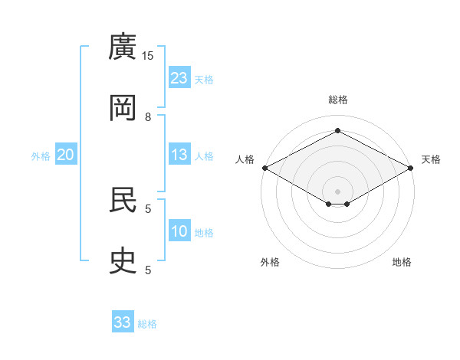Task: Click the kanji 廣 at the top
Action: tap(123, 46)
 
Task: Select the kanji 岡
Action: tap(123, 107)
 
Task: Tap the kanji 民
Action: tap(123, 200)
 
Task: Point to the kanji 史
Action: tap(123, 260)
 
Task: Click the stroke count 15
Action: tap(147, 56)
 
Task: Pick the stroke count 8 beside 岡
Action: tap(148, 117)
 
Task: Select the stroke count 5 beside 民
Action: tap(148, 209)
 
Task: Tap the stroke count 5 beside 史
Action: tap(148, 270)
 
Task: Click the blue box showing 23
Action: tap(179, 77)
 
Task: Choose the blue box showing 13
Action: tap(179, 154)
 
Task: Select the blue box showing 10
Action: tap(179, 230)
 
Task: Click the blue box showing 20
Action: tap(66, 154)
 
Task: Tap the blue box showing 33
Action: tap(123, 321)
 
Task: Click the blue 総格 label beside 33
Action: tap(147, 324)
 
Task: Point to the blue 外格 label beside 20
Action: tap(41, 156)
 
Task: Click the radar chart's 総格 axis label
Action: tap(338, 100)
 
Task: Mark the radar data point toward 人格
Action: tap(265, 168)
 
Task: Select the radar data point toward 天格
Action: tap(411, 168)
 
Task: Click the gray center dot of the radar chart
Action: tap(337, 191)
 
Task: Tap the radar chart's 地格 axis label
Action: tap(402, 262)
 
